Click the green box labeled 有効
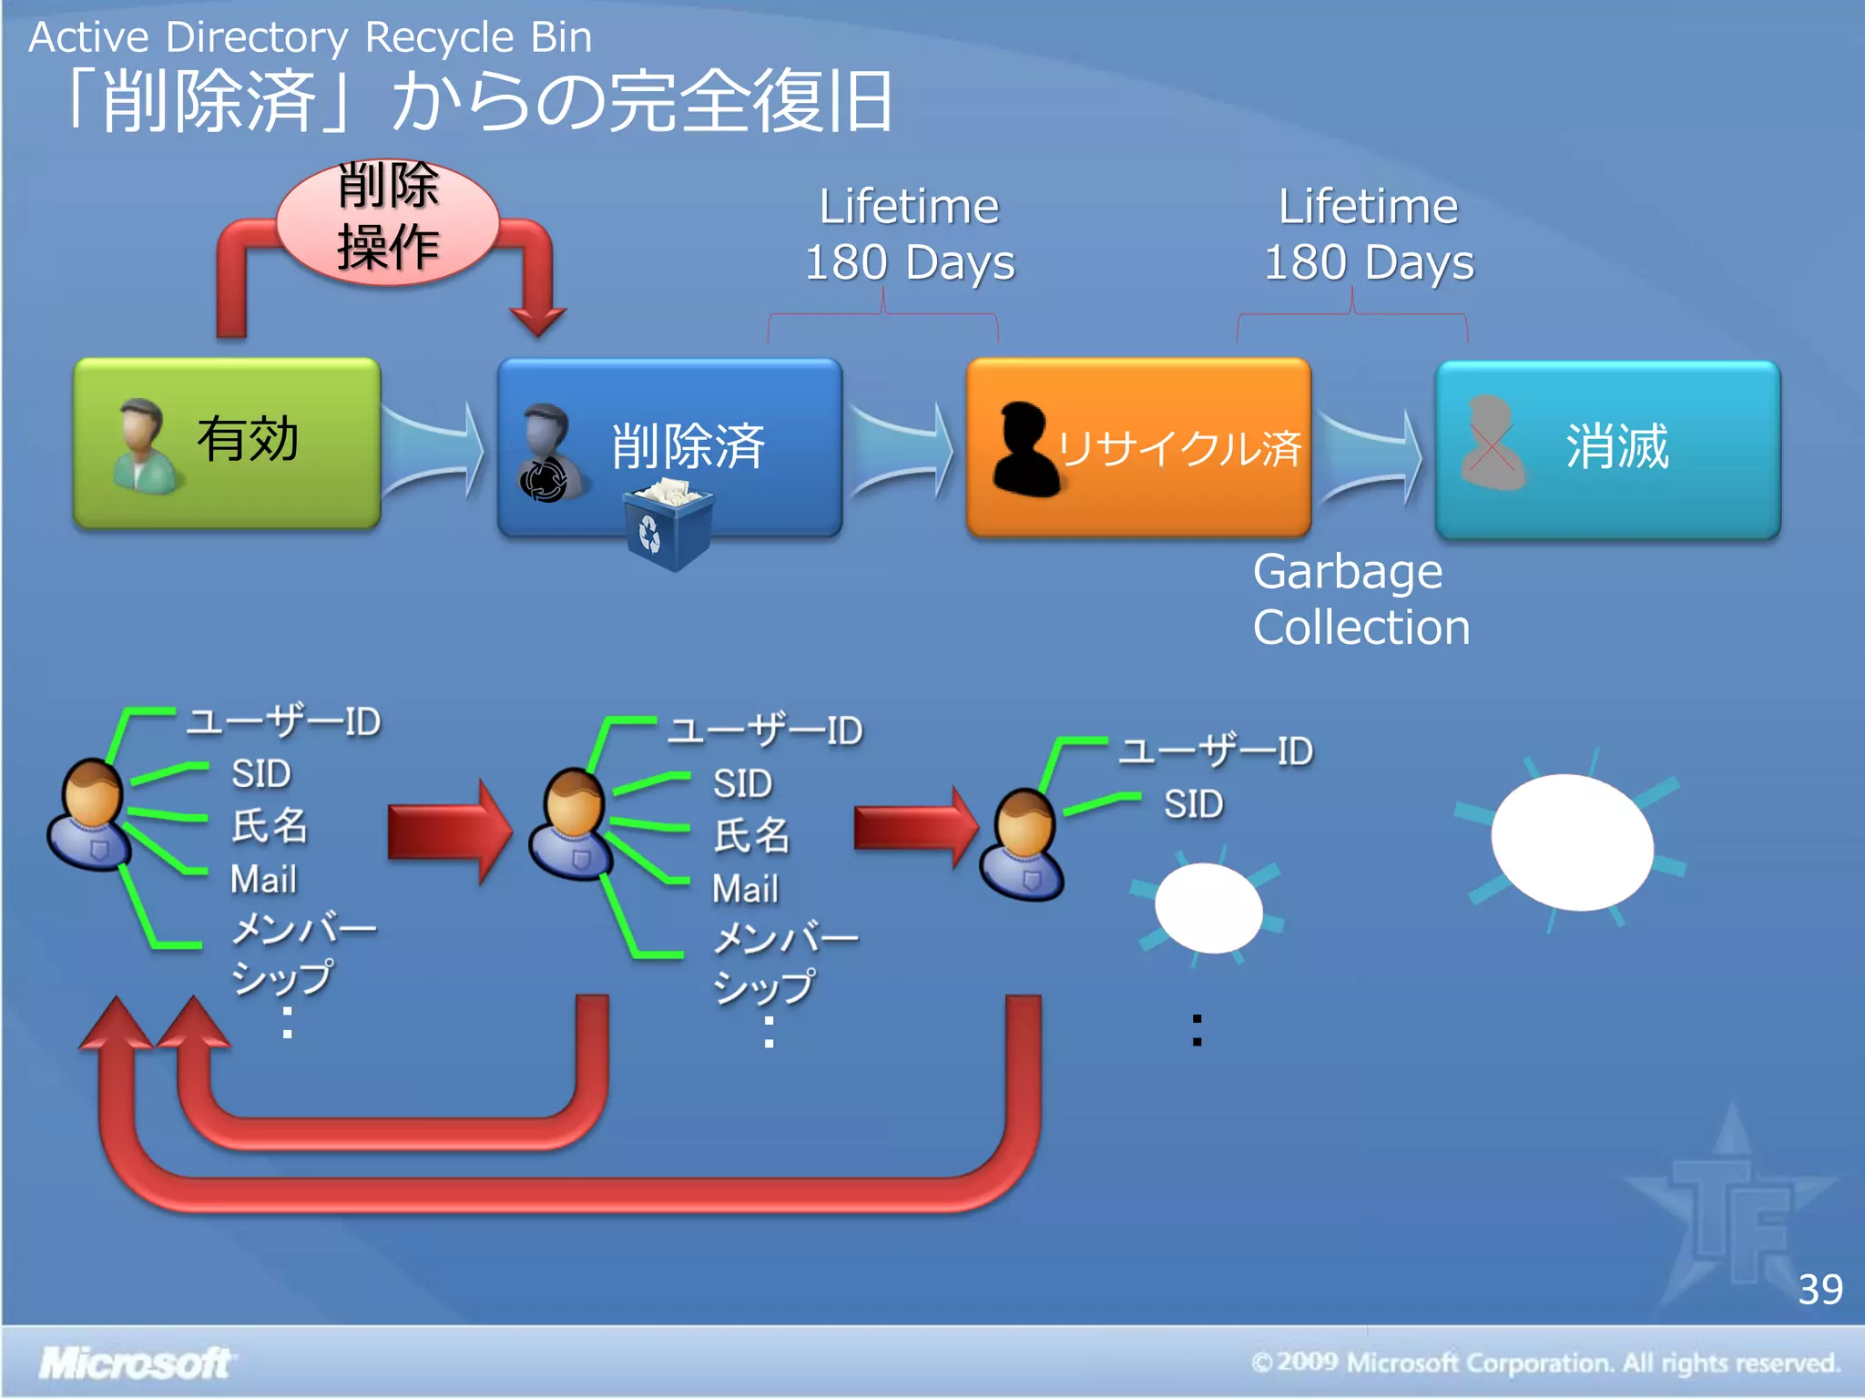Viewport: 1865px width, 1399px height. point(228,442)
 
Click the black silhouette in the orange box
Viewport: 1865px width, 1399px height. point(1024,448)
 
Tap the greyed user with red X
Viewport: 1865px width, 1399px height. point(1491,444)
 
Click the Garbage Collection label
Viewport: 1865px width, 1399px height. point(1360,599)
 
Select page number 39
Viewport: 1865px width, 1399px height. point(1819,1289)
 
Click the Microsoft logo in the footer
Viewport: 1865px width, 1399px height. point(135,1363)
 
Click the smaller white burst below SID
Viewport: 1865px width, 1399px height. point(1208,907)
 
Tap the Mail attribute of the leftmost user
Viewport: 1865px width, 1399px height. point(263,879)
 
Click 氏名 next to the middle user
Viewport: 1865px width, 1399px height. point(751,835)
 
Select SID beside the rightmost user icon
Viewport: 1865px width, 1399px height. point(1193,804)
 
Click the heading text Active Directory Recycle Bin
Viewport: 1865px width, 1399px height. point(311,37)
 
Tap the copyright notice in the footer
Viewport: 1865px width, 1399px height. point(1545,1363)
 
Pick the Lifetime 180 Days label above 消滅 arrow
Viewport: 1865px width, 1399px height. point(1368,234)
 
